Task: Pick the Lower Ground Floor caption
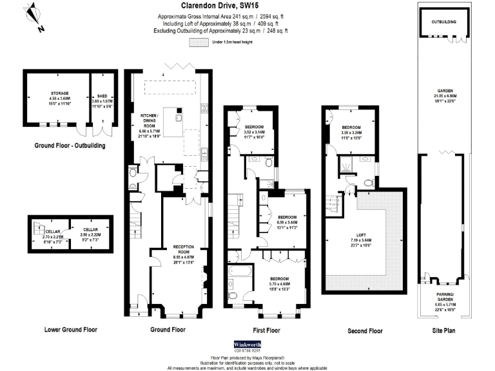click(70, 329)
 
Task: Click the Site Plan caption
click(445, 330)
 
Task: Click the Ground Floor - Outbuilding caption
click(70, 146)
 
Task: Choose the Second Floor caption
click(365, 330)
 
